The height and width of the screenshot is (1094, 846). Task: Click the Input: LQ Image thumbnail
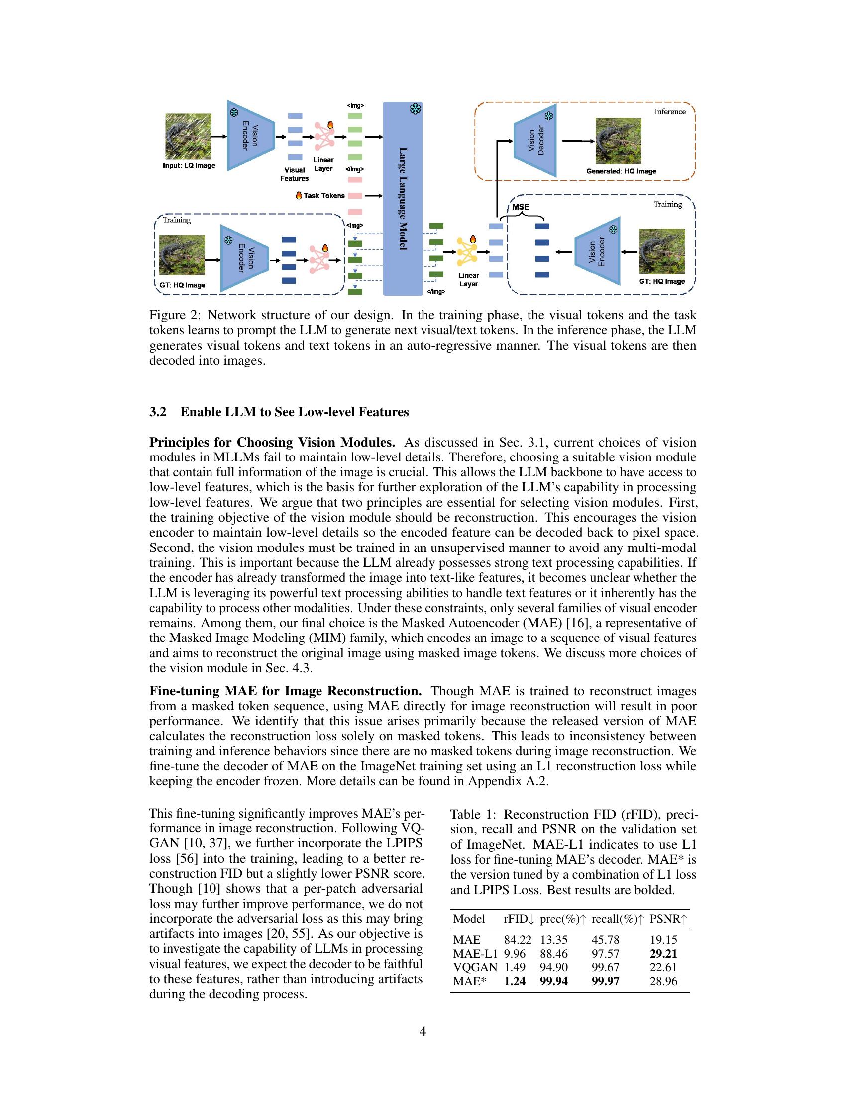pos(188,136)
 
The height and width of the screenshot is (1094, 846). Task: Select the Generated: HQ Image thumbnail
pos(618,141)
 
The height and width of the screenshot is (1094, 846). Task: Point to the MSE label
pos(521,207)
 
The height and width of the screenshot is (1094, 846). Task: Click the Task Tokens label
pos(324,196)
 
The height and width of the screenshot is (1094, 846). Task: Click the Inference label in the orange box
pos(669,112)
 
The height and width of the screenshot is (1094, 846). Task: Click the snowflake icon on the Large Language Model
pos(415,110)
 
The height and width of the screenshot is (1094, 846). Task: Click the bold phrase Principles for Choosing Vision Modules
pos(272,442)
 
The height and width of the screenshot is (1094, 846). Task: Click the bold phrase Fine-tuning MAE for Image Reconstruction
pos(285,691)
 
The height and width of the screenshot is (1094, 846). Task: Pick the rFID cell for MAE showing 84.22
pos(517,940)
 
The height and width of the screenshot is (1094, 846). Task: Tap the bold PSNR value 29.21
pos(663,954)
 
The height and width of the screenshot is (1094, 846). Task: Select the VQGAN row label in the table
pos(475,967)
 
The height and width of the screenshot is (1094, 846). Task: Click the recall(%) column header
pos(618,919)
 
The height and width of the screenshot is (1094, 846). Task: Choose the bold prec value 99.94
pos(554,981)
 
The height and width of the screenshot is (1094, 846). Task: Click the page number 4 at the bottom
pos(423,1031)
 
